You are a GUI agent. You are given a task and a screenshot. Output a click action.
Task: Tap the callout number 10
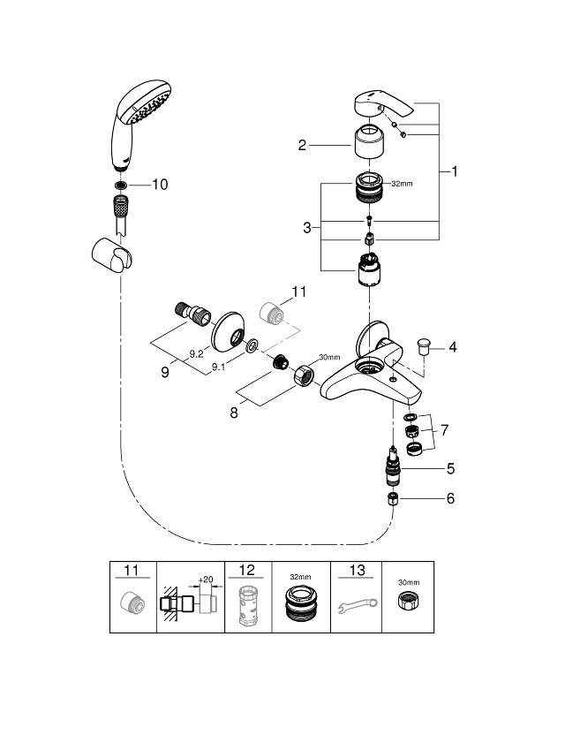tap(159, 185)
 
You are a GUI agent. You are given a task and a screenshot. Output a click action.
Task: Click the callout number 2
tap(302, 146)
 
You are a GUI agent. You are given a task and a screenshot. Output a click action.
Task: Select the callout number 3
tap(306, 227)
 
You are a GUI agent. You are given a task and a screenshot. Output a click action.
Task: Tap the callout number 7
tap(445, 429)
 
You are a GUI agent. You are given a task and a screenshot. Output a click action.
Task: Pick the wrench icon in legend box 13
tap(356, 609)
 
